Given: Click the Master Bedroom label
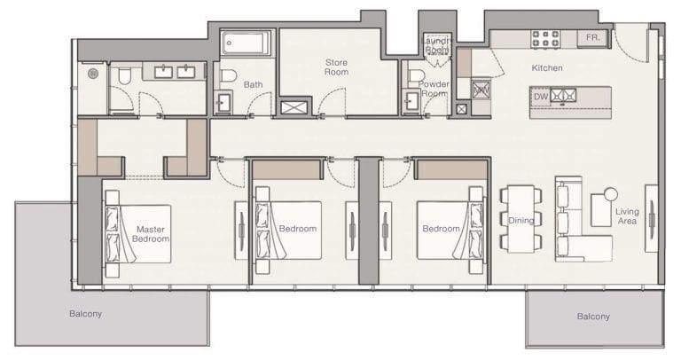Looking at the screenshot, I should click(149, 233).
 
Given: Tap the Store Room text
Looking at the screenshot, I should click(336, 67).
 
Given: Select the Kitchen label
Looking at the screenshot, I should click(546, 68).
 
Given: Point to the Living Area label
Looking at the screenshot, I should click(627, 216).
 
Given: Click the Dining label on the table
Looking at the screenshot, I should click(521, 221).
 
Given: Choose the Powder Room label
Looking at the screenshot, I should click(434, 88).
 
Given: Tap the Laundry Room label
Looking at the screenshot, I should click(436, 45).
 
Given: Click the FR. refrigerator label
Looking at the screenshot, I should click(592, 38).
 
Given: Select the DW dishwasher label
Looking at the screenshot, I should click(540, 95).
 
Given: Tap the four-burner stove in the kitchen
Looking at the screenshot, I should click(544, 39).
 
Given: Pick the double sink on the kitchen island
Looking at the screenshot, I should click(564, 95).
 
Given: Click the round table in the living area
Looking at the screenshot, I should click(610, 194).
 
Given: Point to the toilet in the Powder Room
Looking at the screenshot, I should click(414, 75).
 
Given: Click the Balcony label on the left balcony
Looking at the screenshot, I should click(86, 313).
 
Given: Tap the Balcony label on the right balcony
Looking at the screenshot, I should click(593, 316).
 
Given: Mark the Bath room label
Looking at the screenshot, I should click(253, 85).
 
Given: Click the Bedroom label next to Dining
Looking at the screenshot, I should click(441, 229).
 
